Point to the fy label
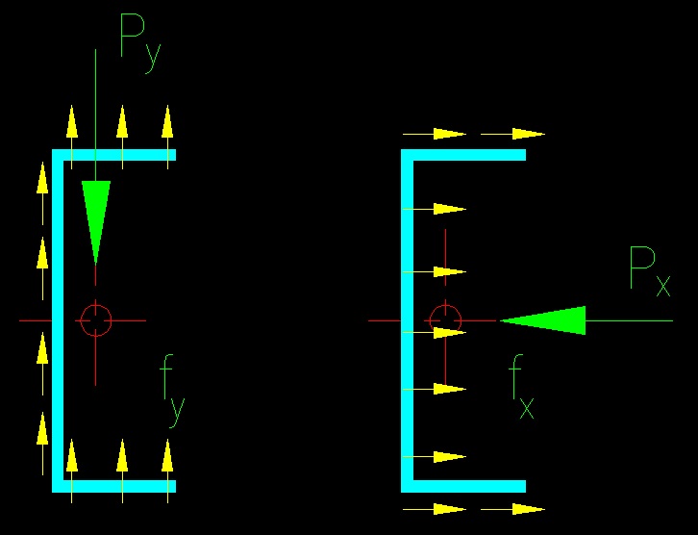coord(172,391)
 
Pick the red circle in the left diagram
coord(96,319)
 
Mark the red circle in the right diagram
coord(445,319)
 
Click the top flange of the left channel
coord(115,155)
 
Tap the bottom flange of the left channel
coord(115,485)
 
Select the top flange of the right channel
coord(465,155)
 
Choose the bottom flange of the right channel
coord(465,485)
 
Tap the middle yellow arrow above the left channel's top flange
coord(122,123)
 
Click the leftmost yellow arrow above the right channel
coord(436,134)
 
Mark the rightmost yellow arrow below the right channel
coord(513,508)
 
